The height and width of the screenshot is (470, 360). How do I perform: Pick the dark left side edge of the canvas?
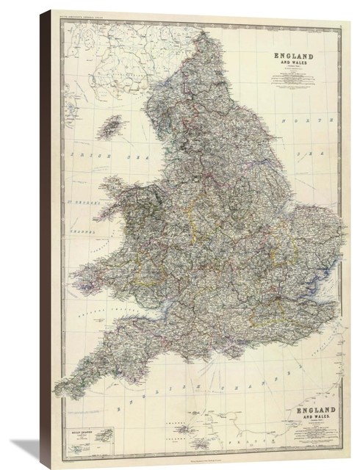pos(45,242)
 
